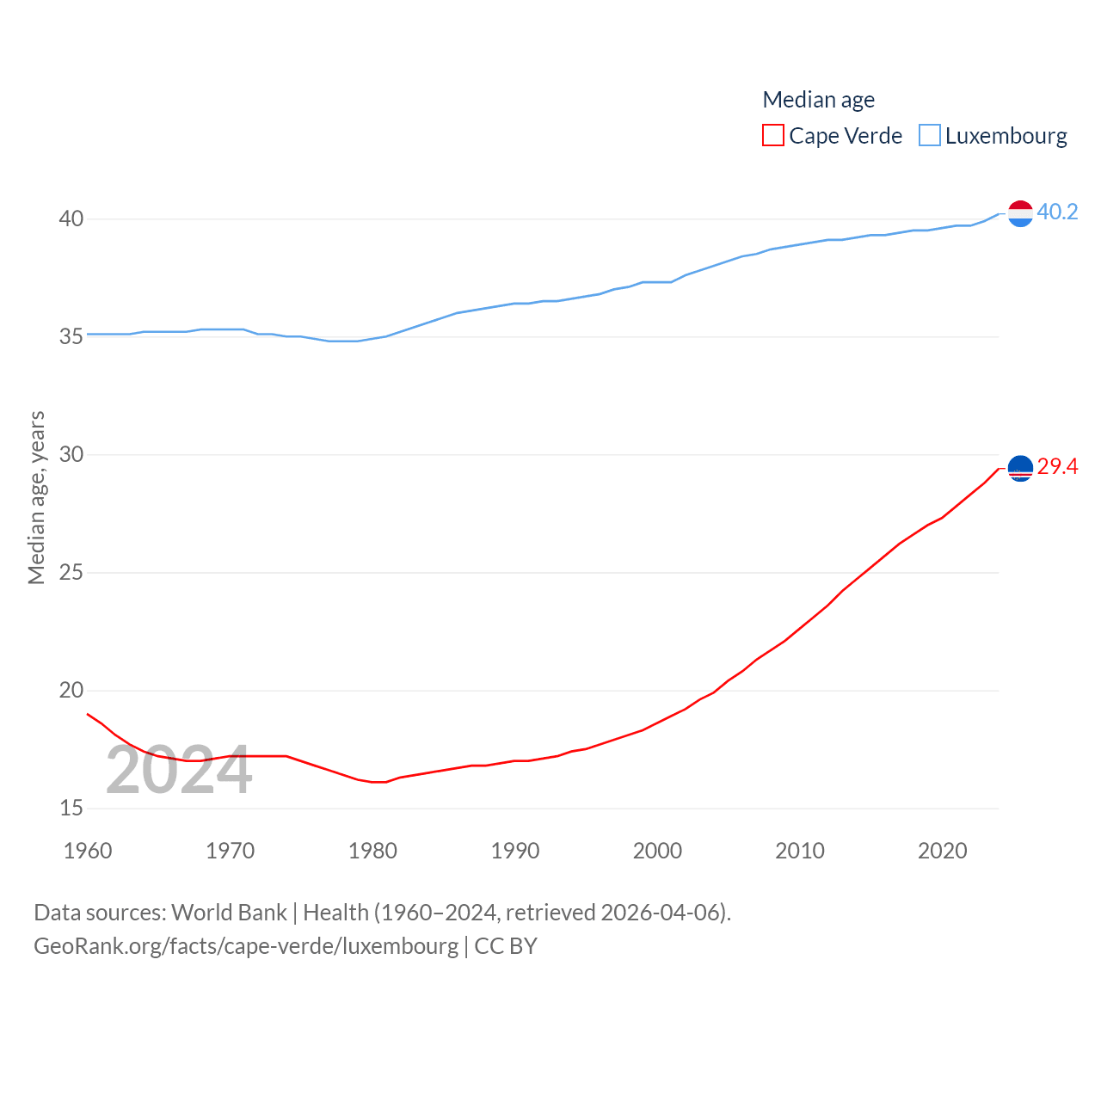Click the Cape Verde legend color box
click(x=773, y=136)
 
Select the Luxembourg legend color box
click(x=930, y=136)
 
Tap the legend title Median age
click(x=818, y=100)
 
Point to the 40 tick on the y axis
click(x=71, y=219)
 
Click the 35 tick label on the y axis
click(x=71, y=337)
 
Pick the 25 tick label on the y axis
click(x=71, y=573)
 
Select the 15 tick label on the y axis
click(x=71, y=809)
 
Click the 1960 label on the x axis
click(x=88, y=851)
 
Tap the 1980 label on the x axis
click(x=372, y=851)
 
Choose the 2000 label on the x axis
click(x=657, y=851)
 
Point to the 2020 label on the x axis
click(x=942, y=851)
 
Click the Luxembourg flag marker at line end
click(x=1020, y=212)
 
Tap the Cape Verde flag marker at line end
click(x=1020, y=468)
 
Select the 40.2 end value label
click(x=1057, y=212)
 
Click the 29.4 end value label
click(x=1057, y=466)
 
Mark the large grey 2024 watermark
click(x=179, y=771)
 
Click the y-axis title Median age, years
click(x=36, y=498)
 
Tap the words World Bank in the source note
click(x=229, y=913)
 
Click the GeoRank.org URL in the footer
click(x=246, y=946)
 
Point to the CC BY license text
click(x=506, y=946)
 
